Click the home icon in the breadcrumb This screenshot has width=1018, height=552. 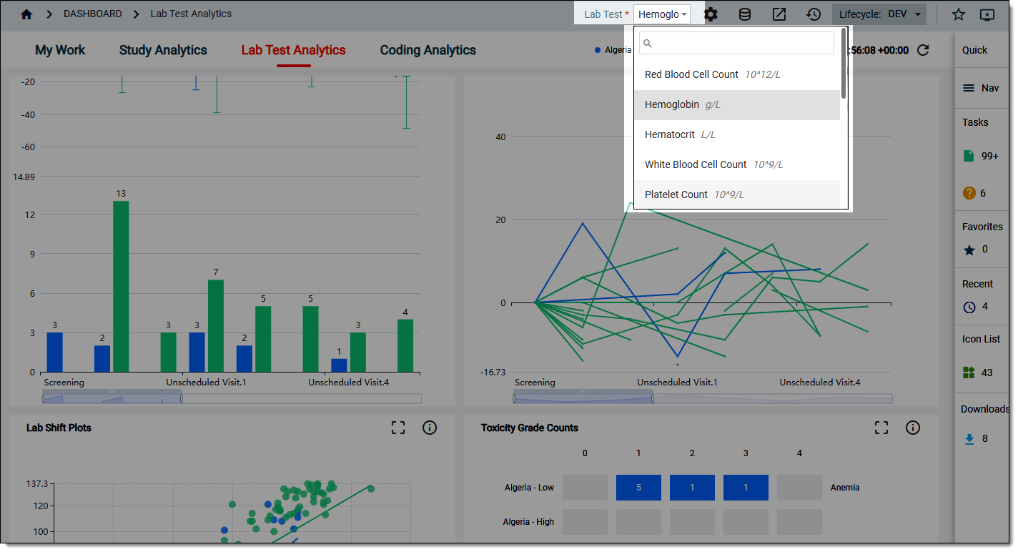point(26,14)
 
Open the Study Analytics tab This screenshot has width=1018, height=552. point(163,50)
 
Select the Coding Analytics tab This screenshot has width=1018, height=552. point(428,50)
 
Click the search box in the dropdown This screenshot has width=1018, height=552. point(736,43)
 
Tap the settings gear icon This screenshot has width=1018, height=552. point(711,14)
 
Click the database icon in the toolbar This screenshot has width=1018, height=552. point(744,14)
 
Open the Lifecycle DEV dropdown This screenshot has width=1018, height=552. point(879,14)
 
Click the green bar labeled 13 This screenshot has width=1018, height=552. point(121,287)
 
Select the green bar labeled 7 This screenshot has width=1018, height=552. point(216,326)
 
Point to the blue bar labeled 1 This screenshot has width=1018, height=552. point(339,365)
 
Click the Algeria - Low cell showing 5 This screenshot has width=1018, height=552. point(638,488)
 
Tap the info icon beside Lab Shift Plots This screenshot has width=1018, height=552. point(430,428)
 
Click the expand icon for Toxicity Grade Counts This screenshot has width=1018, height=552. point(881,428)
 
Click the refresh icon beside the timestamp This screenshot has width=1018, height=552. point(923,50)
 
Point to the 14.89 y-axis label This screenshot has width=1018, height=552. point(24,177)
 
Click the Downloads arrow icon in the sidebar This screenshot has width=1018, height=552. point(969,439)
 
